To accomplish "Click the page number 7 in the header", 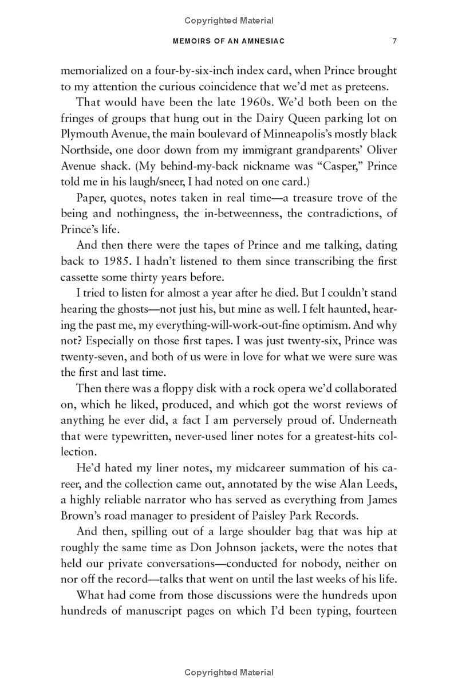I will pyautogui.click(x=394, y=41).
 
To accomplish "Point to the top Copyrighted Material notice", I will pyautogui.click(x=229, y=21).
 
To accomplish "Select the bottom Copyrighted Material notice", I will pyautogui.click(x=229, y=672).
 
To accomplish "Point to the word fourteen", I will pyautogui.click(x=376, y=611).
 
